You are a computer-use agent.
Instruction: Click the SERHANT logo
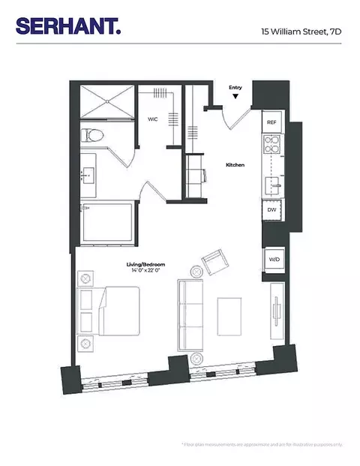[67, 26]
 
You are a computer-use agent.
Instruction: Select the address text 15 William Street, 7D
[301, 32]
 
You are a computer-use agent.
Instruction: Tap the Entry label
[235, 88]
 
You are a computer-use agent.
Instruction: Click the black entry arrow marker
[235, 96]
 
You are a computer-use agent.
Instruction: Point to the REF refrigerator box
[271, 121]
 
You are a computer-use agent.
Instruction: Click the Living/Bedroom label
[145, 265]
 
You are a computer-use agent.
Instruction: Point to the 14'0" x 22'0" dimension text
[145, 272]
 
